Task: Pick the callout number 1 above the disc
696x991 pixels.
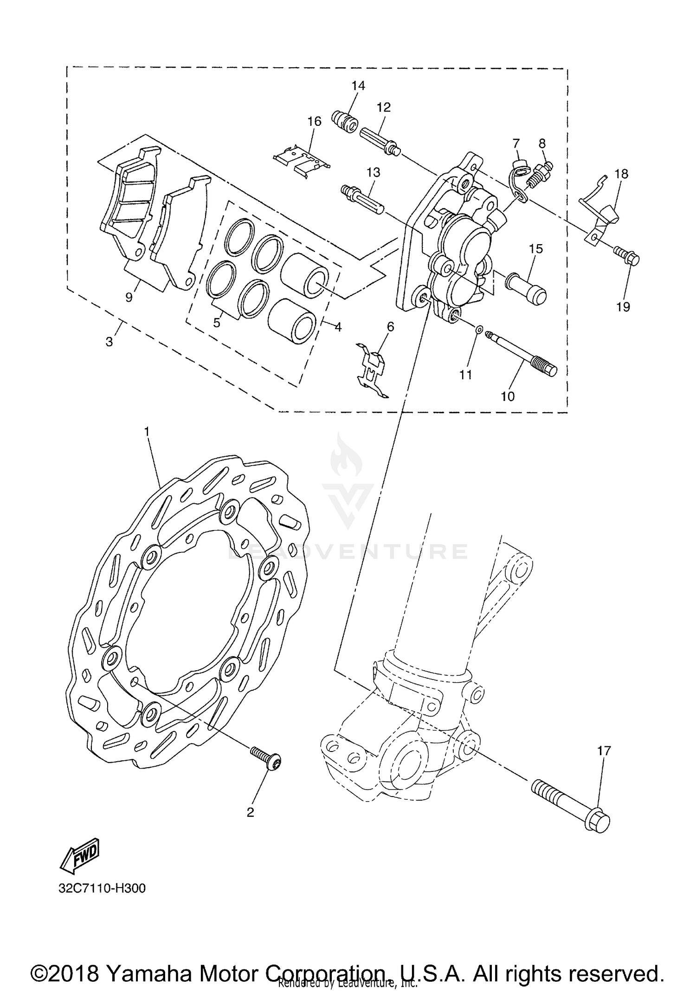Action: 147,432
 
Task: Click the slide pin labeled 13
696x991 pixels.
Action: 362,199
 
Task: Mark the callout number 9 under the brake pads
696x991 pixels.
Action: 129,297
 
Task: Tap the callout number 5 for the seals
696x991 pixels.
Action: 217,323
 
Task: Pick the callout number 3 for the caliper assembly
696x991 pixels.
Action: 110,342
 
